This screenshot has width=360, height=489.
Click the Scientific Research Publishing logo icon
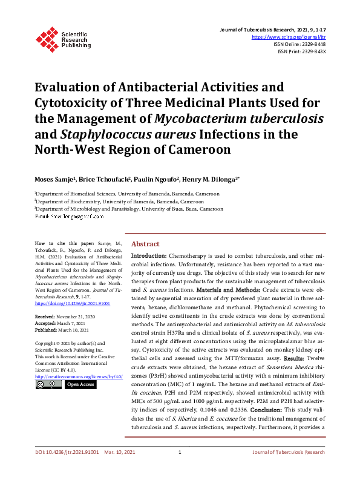coord(47,37)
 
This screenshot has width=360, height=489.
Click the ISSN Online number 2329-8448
coord(312,44)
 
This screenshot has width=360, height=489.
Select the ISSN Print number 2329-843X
coord(312,51)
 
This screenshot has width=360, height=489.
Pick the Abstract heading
coord(145,243)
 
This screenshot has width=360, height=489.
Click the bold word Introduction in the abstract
coord(149,257)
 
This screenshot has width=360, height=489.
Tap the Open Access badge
coord(80,384)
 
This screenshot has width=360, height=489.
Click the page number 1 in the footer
coord(180,468)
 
